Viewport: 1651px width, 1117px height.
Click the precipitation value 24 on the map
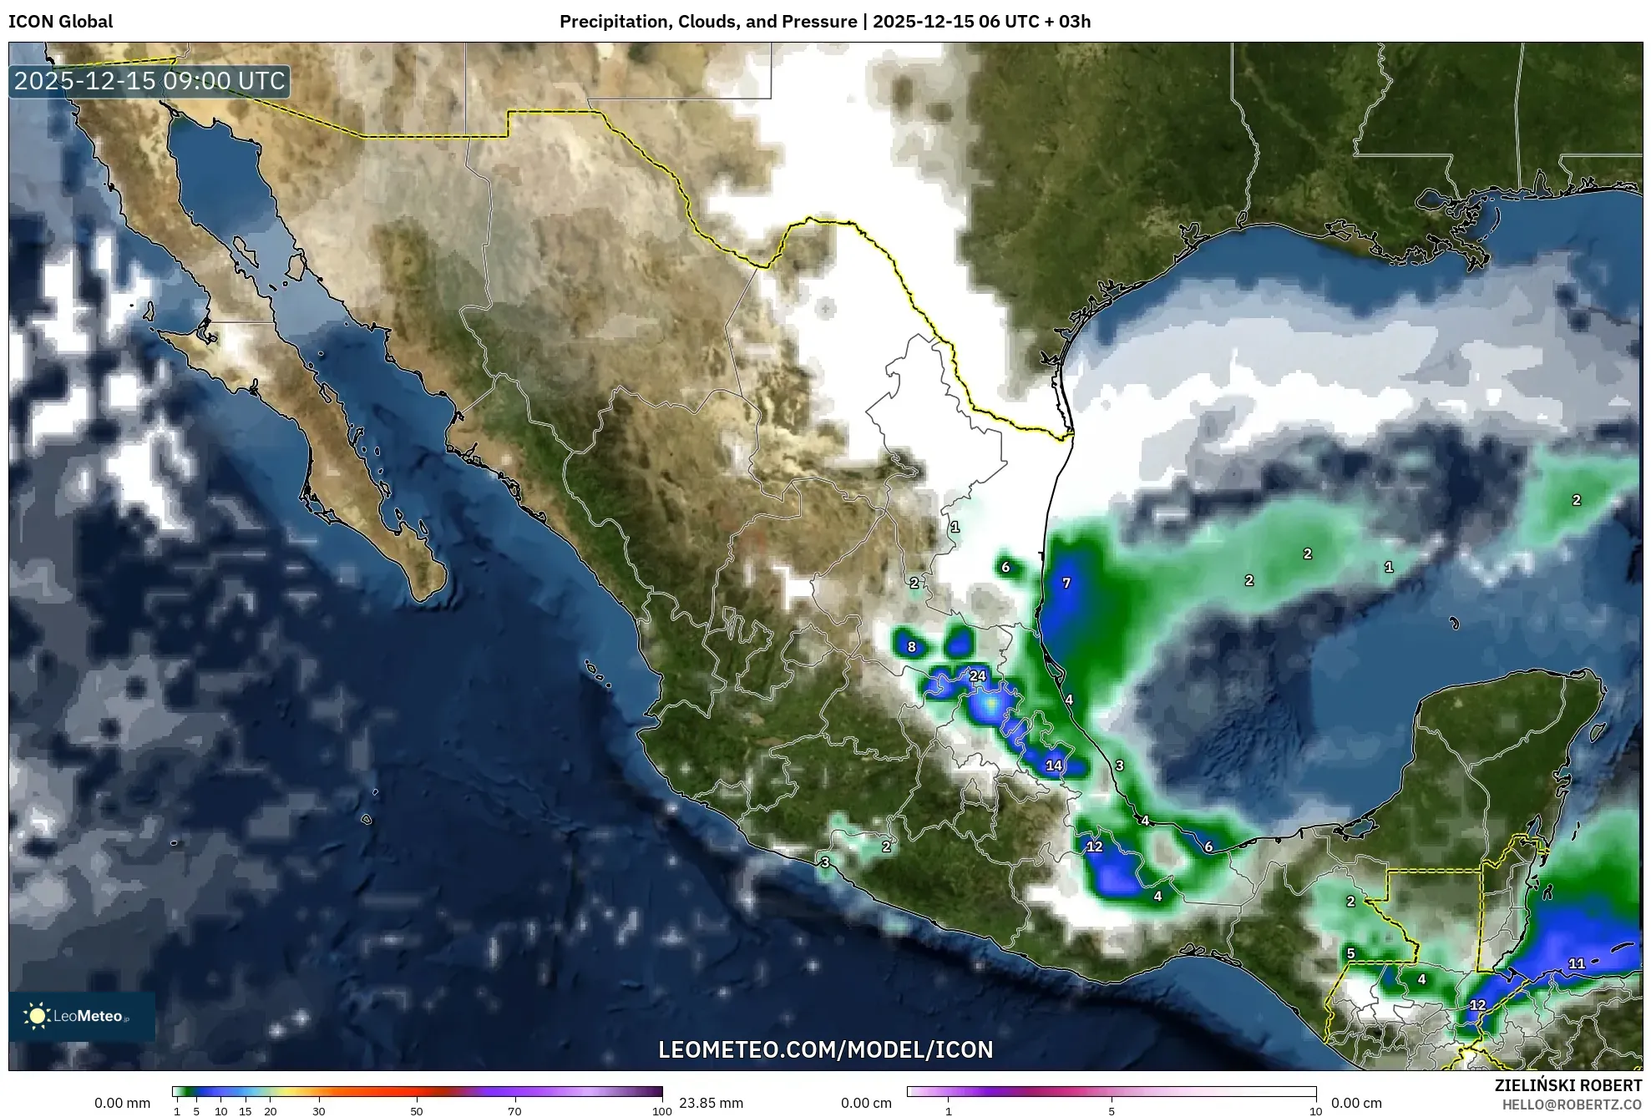(978, 676)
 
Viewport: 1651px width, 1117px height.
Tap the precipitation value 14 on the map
(1054, 766)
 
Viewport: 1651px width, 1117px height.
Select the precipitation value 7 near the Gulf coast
(1066, 584)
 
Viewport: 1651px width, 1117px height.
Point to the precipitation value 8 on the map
(912, 647)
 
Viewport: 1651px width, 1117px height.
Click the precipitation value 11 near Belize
(1577, 963)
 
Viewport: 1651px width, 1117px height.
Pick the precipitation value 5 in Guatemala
(1350, 953)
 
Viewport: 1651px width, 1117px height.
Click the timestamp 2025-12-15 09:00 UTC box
(150, 81)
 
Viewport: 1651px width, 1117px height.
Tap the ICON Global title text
(61, 22)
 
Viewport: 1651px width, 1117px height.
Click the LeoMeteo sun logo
(37, 1016)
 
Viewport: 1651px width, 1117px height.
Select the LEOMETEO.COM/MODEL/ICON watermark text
(826, 1049)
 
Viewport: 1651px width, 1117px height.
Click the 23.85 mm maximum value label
(711, 1103)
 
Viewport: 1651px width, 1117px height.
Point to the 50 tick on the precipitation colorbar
(417, 1111)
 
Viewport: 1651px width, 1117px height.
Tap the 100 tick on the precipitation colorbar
(661, 1111)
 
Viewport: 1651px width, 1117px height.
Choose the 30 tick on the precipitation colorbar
(319, 1111)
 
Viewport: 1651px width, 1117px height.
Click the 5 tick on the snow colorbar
(1112, 1111)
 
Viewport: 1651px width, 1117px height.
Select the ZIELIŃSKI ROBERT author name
(1567, 1085)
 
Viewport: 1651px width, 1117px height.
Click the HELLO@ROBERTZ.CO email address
(1572, 1104)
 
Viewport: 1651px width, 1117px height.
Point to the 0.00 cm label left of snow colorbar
(866, 1103)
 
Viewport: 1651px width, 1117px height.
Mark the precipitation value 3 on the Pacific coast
(825, 862)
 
